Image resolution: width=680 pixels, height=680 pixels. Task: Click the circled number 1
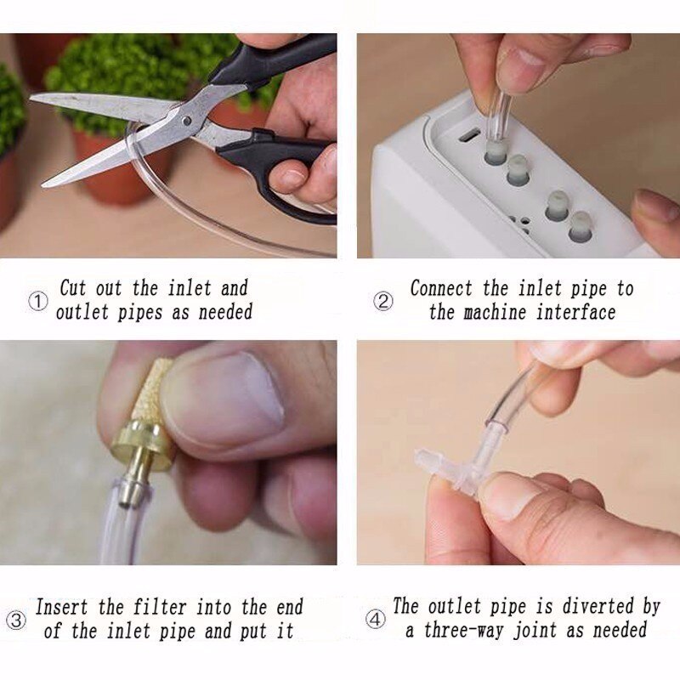click(x=38, y=302)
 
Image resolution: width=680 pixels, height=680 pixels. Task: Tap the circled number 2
click(x=383, y=302)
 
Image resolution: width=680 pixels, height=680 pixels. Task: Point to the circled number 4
click(x=375, y=619)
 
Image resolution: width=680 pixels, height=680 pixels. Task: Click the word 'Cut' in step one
click(x=73, y=288)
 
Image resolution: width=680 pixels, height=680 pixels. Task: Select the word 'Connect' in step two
click(x=444, y=289)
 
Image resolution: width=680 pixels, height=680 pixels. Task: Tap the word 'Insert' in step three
click(x=65, y=608)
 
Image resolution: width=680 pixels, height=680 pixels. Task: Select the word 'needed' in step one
click(x=225, y=312)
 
